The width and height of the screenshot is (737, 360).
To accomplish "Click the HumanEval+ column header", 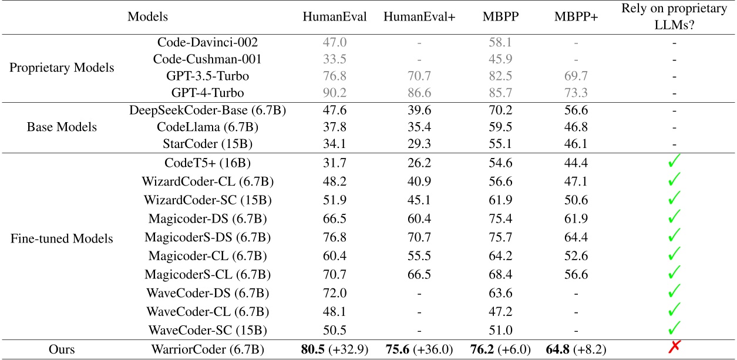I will (419, 17).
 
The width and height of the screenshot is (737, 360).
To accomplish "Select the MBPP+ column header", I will (576, 17).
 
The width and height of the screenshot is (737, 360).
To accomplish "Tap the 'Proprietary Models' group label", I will (62, 67).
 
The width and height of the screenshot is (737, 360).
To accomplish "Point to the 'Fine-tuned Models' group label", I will (62, 239).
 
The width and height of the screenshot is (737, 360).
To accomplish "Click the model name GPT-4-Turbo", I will (208, 92).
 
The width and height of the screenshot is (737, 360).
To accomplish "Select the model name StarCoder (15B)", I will (208, 143).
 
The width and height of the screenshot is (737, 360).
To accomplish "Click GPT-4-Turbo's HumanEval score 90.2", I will (335, 92).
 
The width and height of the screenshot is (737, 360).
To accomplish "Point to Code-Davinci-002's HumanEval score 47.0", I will (335, 42).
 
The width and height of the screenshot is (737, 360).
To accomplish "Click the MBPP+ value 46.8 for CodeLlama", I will (576, 126).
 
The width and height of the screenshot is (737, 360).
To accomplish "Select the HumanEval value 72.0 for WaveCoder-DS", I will (335, 292).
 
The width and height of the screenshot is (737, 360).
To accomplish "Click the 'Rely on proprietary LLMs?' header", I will (675, 17).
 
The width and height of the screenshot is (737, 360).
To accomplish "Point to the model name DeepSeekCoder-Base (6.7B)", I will (208, 109).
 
